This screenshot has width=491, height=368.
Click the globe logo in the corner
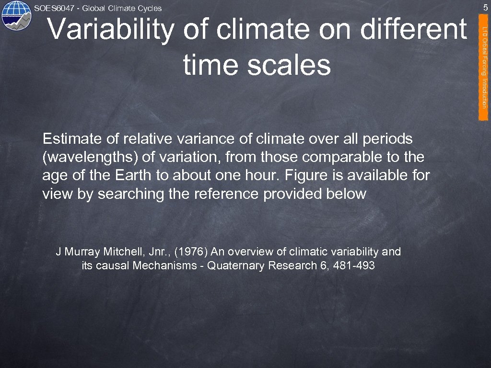tap(15, 15)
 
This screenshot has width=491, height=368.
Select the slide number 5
tap(485, 8)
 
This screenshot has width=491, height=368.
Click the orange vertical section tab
tap(484, 67)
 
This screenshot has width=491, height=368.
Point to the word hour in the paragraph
tap(249, 176)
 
